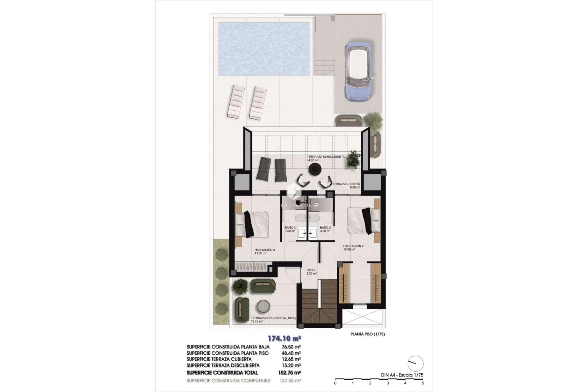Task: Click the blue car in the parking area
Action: (358, 71)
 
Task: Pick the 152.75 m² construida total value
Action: (291, 373)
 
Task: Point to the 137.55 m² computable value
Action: (291, 381)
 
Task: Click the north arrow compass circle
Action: (416, 364)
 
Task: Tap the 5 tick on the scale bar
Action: (423, 383)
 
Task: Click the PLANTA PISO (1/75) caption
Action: (367, 334)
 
